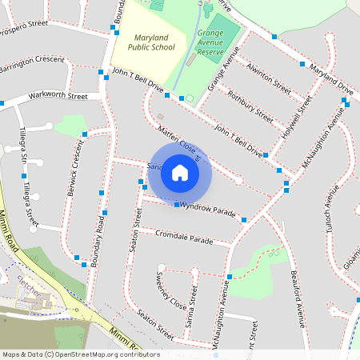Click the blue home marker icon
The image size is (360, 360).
coord(180,173)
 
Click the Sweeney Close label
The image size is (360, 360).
coord(170,292)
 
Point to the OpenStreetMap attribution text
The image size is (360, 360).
coord(80,354)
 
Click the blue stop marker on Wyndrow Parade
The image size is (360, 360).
coord(177,205)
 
